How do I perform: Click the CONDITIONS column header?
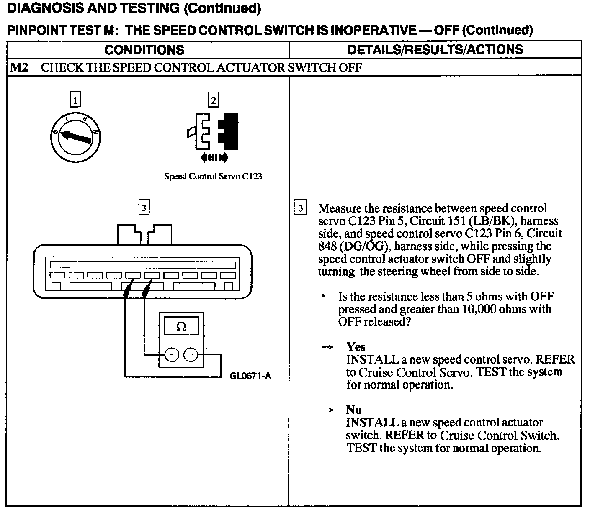coord(144,50)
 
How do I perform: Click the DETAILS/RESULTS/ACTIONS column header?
coord(435,49)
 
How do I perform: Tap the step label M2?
coord(19,67)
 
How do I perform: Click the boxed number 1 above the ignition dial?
coord(75,100)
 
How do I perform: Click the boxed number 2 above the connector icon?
coord(213,100)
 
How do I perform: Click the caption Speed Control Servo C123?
coord(213,176)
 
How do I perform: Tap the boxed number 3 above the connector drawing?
coord(144,208)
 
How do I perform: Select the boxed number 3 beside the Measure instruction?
coord(300,208)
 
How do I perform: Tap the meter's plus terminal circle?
coord(172,355)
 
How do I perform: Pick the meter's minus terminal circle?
coord(191,355)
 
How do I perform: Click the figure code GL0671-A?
coord(250,376)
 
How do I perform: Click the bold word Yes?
coord(356,347)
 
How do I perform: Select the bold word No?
coord(354,410)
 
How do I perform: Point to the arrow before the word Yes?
coord(327,347)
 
